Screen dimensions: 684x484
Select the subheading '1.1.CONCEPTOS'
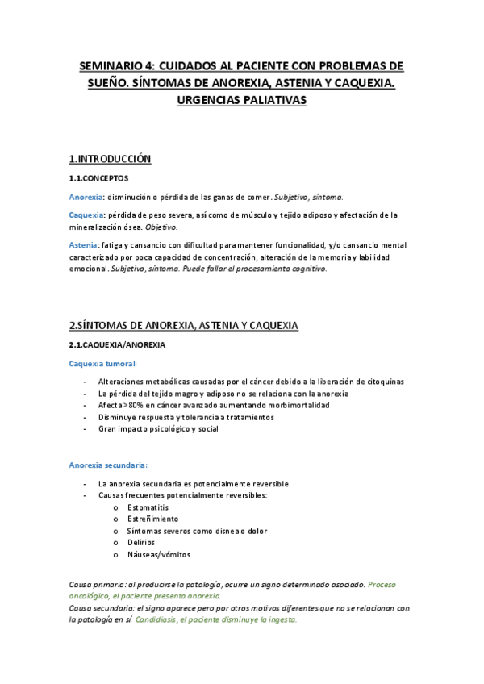98,178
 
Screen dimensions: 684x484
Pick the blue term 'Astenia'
84,244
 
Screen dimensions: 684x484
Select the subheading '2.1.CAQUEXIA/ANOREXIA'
118,344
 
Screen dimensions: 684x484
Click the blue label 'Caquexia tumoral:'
103,363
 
